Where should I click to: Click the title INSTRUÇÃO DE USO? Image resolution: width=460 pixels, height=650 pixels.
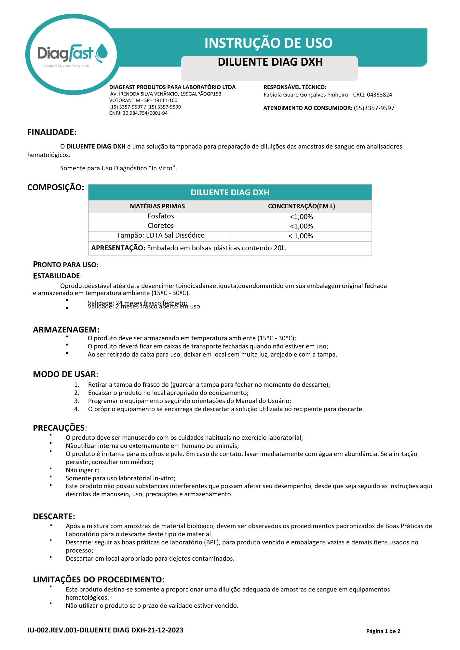[x=268, y=43]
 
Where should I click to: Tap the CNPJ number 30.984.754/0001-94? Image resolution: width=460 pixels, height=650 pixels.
[x=145, y=113]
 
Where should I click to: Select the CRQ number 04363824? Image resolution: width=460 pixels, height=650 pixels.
[x=379, y=95]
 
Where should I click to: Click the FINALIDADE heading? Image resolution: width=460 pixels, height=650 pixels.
[x=52, y=132]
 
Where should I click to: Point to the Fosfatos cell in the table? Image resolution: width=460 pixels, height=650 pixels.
[x=161, y=216]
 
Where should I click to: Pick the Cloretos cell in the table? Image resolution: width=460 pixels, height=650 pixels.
[x=161, y=226]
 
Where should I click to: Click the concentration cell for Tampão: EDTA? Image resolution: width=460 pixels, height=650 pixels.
[x=301, y=236]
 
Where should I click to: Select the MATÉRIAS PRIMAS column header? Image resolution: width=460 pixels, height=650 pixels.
[x=157, y=206]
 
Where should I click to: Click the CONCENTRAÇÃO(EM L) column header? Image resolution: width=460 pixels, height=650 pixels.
[x=301, y=206]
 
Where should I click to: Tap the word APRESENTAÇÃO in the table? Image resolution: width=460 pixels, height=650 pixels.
[x=118, y=248]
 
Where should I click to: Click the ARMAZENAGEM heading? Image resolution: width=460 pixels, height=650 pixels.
[x=66, y=330]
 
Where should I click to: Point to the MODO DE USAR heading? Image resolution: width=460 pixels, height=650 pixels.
[x=65, y=374]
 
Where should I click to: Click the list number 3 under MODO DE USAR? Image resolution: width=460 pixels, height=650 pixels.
[x=77, y=401]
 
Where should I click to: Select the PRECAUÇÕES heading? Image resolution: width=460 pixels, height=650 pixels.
[x=59, y=428]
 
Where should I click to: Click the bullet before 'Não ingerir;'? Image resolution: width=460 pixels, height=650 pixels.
[x=51, y=469]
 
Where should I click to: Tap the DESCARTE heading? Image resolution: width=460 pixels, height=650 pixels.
[x=54, y=517]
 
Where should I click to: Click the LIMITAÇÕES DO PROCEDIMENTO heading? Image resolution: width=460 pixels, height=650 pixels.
[x=98, y=580]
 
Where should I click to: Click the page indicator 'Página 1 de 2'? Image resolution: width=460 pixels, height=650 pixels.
[x=383, y=631]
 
